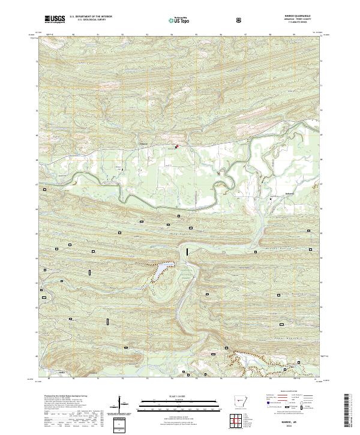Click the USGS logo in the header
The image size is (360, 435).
tap(54, 19)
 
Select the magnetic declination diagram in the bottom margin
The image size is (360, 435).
tap(125, 407)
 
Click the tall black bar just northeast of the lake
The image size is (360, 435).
tap(187, 252)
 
